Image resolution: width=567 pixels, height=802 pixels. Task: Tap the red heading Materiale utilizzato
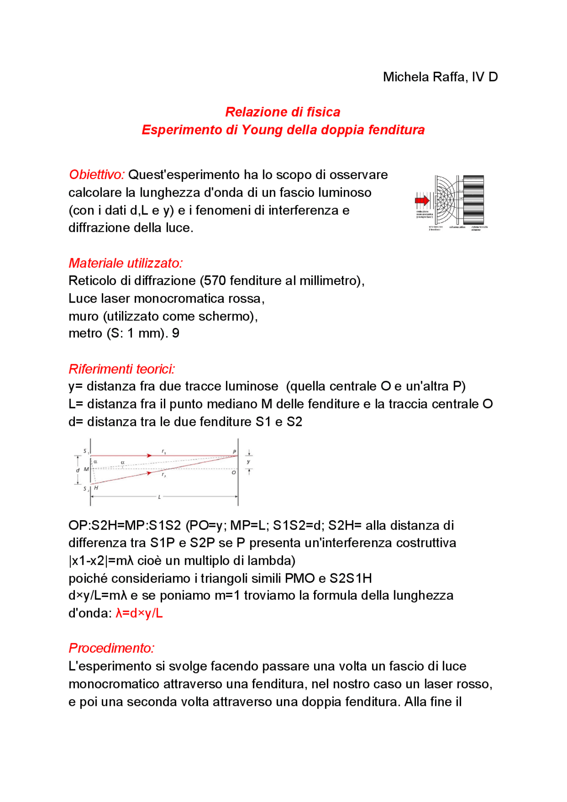pos(125,263)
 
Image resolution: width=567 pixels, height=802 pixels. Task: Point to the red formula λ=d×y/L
pos(139,613)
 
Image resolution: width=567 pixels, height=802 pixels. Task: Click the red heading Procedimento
pos(111,648)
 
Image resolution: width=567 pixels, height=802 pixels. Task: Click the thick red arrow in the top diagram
pos(422,200)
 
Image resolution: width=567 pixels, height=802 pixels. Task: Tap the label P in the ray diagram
pos(234,452)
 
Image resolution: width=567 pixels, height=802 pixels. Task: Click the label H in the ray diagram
pos(96,488)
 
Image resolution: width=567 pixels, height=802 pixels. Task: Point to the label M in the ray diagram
pos(86,469)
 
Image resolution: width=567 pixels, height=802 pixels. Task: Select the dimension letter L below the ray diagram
pos(159,497)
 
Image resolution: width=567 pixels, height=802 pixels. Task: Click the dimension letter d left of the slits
pos(78,470)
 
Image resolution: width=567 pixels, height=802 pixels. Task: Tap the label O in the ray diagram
pos(234,473)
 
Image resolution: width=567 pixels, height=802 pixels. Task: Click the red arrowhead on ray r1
pos(150,455)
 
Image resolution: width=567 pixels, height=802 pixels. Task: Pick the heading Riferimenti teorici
pos(122,369)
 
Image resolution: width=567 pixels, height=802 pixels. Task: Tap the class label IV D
pos(485,77)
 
